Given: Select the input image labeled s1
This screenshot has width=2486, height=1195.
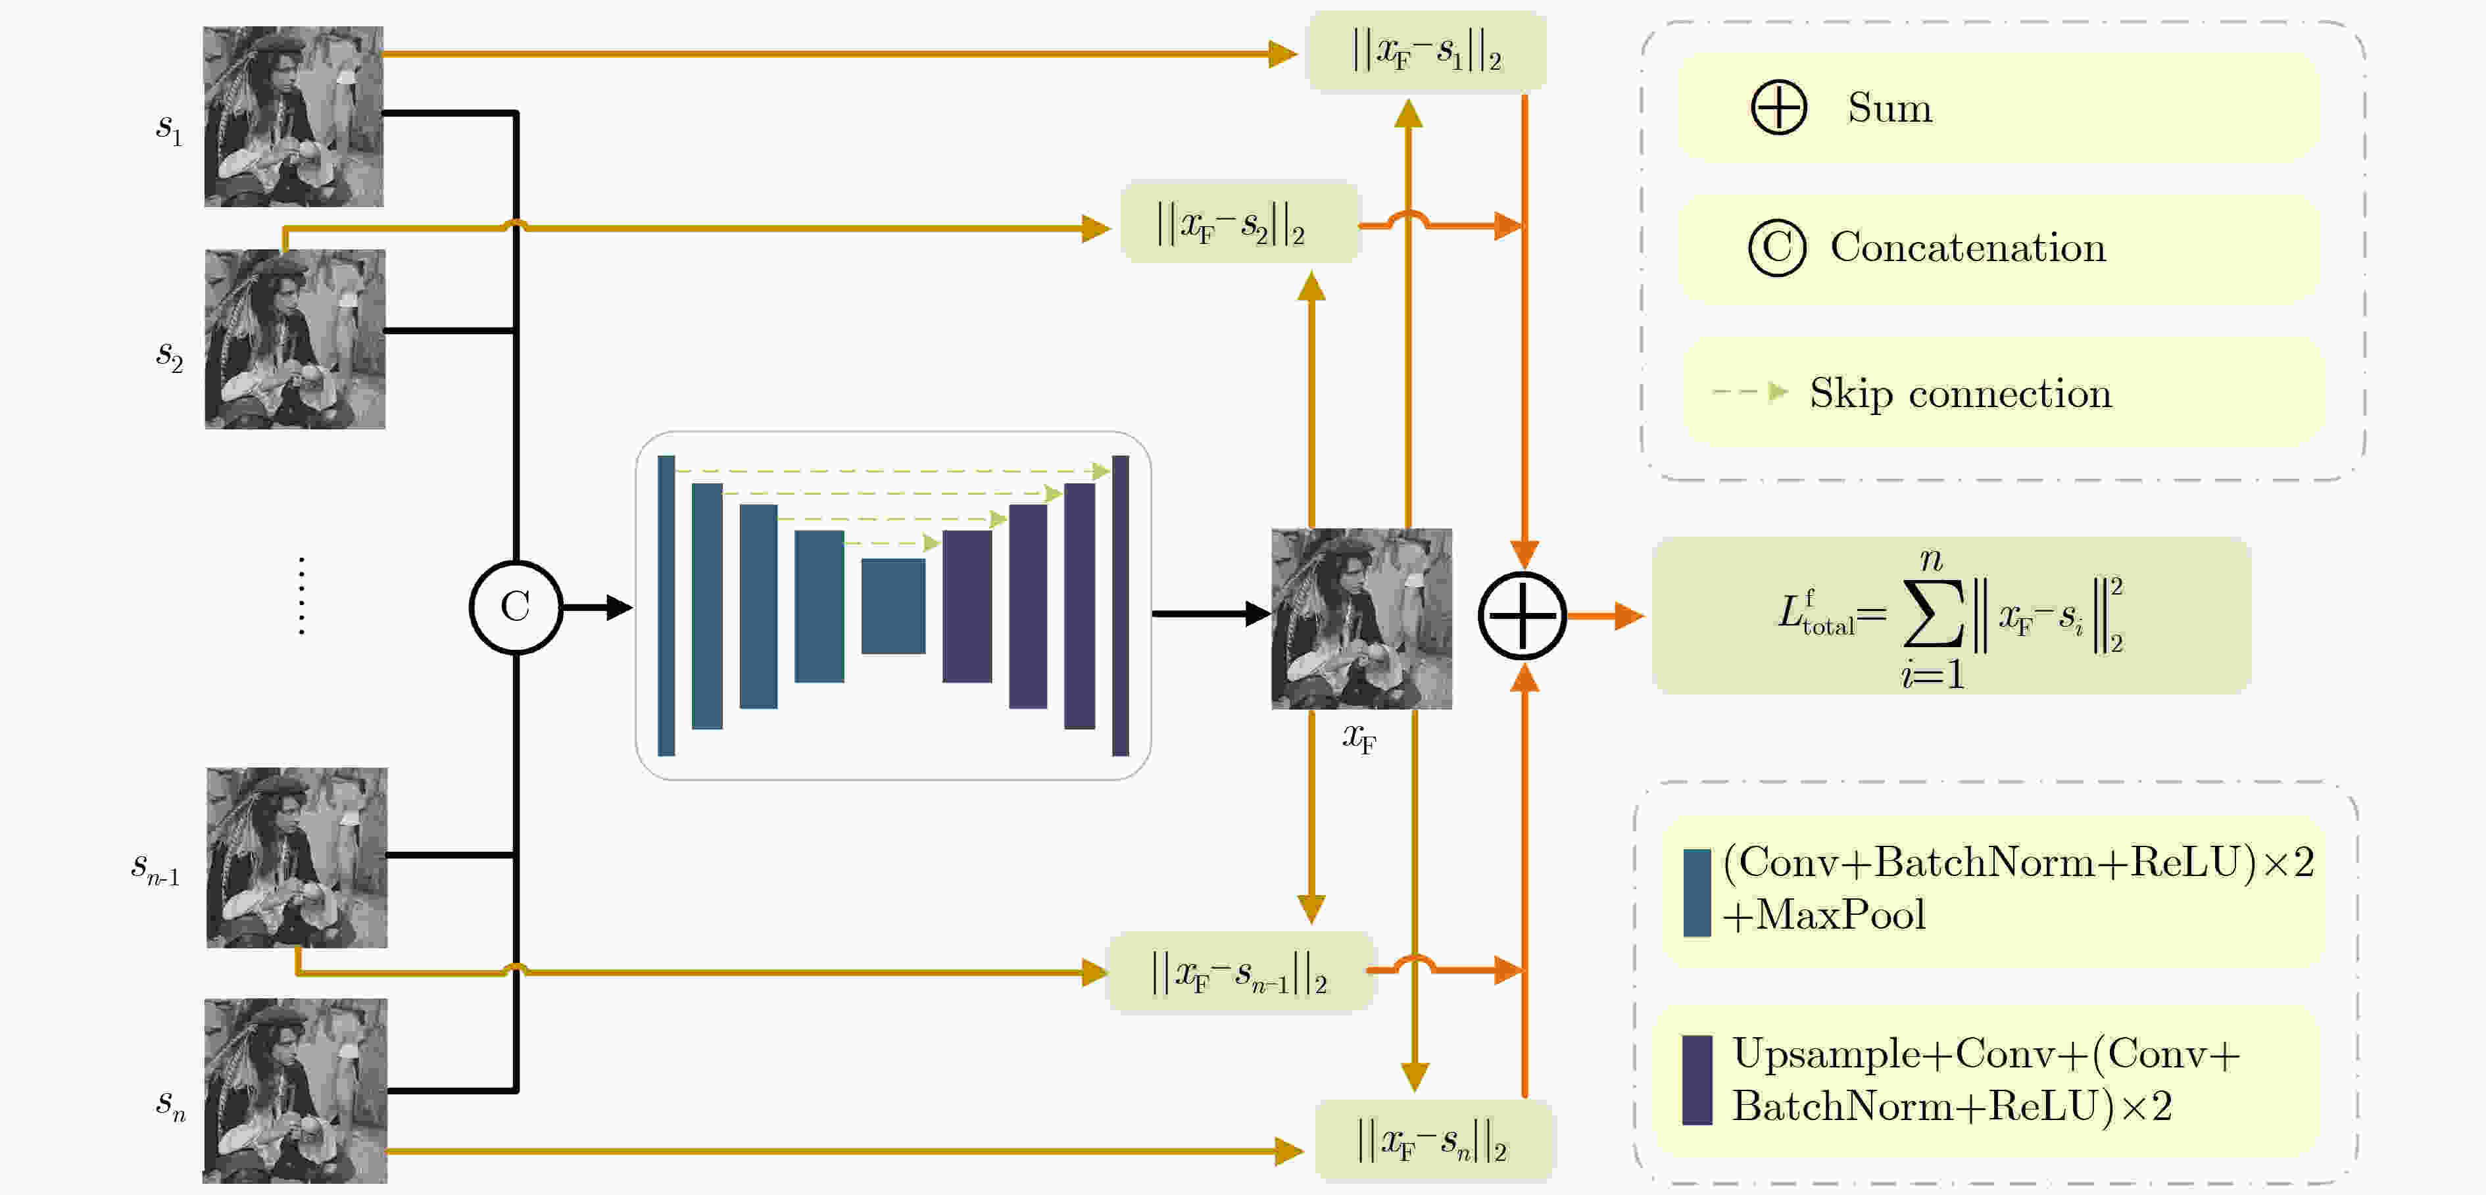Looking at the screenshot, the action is (293, 117).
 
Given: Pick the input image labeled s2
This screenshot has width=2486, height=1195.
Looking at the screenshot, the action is (295, 339).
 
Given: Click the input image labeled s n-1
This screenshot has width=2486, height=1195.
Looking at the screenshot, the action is (297, 857).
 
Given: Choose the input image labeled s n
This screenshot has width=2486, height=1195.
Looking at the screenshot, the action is (295, 1090).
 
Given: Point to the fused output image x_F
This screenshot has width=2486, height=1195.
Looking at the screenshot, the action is (1361, 619).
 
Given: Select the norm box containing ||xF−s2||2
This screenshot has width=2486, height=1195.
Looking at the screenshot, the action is (1240, 221).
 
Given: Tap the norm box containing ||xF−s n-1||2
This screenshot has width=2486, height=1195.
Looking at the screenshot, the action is (1241, 972).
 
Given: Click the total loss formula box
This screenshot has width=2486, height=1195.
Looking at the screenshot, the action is (1951, 616).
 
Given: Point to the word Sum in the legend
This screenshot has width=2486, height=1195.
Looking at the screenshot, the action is (1889, 107).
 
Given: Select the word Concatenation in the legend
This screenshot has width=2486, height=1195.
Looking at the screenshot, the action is (1968, 248).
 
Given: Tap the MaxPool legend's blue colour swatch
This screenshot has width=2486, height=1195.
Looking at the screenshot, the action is (1697, 893).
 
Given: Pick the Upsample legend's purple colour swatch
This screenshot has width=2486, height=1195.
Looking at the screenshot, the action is (1697, 1080).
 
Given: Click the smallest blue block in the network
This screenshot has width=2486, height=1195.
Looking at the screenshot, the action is (892, 606).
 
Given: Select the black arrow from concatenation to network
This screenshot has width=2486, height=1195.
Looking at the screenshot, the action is (597, 607).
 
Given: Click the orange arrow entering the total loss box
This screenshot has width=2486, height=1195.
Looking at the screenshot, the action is (1605, 615).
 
